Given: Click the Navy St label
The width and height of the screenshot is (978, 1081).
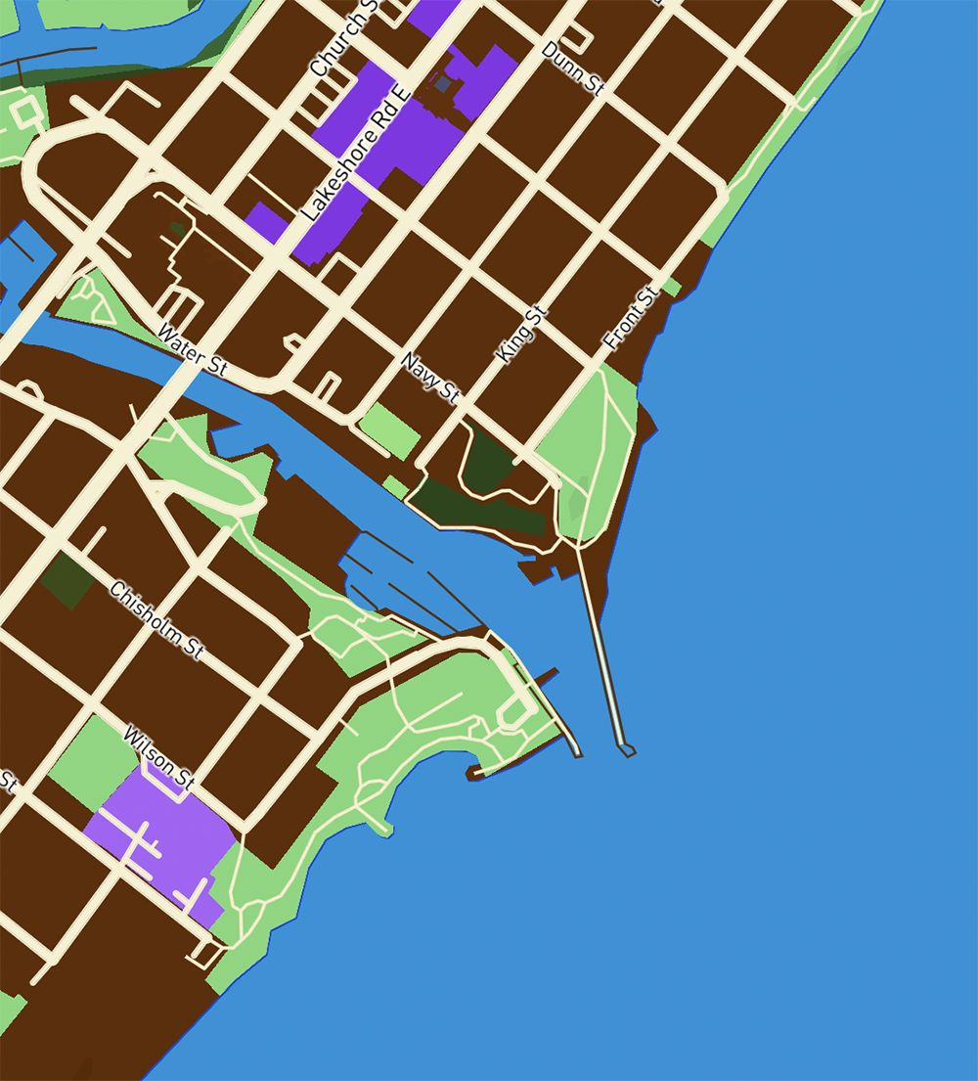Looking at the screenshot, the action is pyautogui.click(x=430, y=378).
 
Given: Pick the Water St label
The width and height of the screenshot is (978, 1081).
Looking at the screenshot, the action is pyautogui.click(x=192, y=350).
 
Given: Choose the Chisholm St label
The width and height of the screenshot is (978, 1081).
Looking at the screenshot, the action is pyautogui.click(x=156, y=620).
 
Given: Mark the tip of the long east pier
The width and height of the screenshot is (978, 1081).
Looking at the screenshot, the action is pyautogui.click(x=627, y=750).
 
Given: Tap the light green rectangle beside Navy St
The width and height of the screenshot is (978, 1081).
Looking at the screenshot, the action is pyautogui.click(x=389, y=431).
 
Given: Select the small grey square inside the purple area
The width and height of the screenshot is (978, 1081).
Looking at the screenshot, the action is pyautogui.click(x=443, y=85).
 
